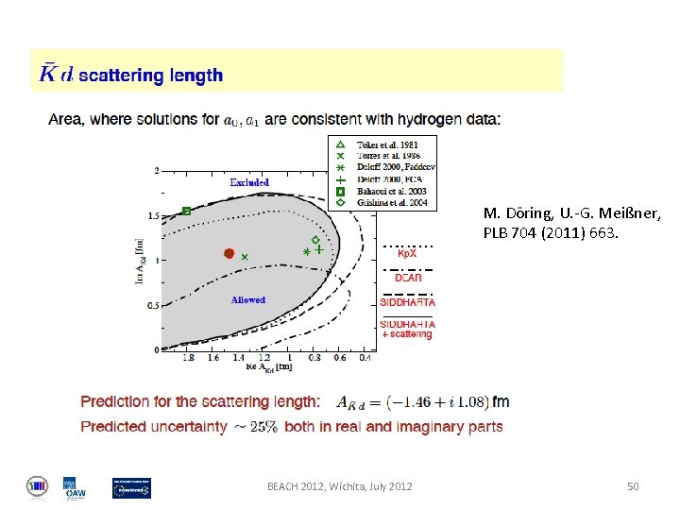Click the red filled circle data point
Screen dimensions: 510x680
point(229,253)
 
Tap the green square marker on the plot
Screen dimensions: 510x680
point(186,211)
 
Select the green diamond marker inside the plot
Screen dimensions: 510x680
point(315,240)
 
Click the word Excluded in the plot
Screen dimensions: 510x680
point(249,182)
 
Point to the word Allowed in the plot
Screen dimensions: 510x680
point(248,300)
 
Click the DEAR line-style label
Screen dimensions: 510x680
point(408,278)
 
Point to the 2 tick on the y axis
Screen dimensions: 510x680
point(155,171)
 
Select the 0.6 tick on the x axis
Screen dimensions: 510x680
point(340,358)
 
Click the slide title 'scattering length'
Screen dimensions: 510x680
point(150,75)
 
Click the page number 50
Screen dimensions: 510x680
point(633,486)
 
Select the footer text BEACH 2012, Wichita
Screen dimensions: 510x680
point(339,486)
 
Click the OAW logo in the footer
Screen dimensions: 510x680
point(70,487)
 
